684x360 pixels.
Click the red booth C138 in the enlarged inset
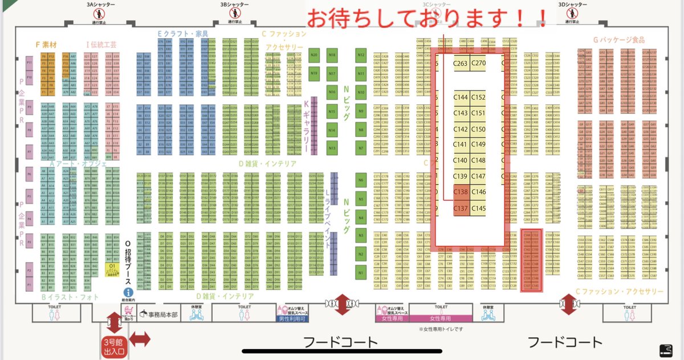(461, 192)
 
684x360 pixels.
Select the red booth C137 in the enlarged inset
(461, 208)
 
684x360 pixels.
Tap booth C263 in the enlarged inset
(461, 63)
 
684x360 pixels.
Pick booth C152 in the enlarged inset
(479, 97)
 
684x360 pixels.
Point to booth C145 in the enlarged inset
(479, 208)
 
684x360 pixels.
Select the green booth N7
(361, 148)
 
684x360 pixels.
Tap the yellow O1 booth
(112, 267)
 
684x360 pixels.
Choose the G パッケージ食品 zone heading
(618, 40)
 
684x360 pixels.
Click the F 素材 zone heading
(46, 44)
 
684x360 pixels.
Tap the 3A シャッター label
(100, 4)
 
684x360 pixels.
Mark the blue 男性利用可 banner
(292, 318)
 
